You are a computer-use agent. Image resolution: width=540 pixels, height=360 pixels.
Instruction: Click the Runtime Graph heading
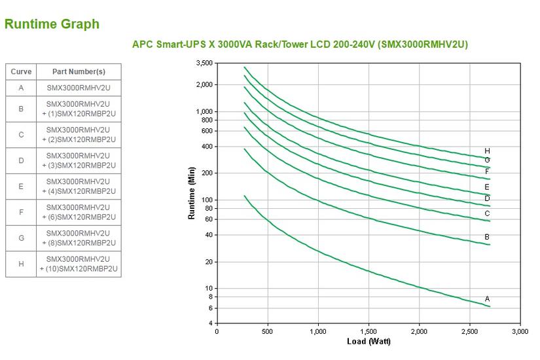point(52,24)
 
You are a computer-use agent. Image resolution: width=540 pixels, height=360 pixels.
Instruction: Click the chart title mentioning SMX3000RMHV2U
point(300,45)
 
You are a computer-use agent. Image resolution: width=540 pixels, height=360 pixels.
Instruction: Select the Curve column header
point(21,72)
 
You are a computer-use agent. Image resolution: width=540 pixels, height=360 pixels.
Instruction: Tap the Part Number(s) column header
point(79,72)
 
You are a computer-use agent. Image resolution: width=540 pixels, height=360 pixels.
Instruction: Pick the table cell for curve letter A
point(21,87)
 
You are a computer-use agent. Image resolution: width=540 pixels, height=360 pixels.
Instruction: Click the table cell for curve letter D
point(21,160)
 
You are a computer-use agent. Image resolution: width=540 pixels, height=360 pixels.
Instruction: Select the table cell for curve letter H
point(21,264)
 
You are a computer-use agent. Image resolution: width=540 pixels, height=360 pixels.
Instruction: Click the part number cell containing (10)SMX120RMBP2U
point(79,264)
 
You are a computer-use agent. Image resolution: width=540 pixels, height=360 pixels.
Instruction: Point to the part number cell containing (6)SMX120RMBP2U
point(79,212)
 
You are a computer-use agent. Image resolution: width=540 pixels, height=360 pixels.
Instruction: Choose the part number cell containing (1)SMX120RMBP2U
point(79,109)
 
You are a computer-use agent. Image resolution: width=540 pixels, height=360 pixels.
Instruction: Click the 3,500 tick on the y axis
point(204,63)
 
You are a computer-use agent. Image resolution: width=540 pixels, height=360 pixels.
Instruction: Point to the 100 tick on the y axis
point(207,200)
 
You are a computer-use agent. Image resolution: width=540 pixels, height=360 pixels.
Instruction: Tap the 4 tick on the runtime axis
point(210,323)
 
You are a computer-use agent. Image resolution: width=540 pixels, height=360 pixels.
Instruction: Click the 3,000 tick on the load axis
point(520,332)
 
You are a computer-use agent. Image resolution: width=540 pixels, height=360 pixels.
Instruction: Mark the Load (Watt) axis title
point(369,342)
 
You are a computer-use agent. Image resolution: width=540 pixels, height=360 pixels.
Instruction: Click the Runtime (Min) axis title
point(192,193)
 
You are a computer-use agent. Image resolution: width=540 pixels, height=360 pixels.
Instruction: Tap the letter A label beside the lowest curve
point(487,299)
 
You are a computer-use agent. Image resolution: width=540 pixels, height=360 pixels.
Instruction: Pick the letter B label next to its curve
point(487,237)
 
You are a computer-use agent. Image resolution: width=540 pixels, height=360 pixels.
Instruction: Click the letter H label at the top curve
point(487,151)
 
